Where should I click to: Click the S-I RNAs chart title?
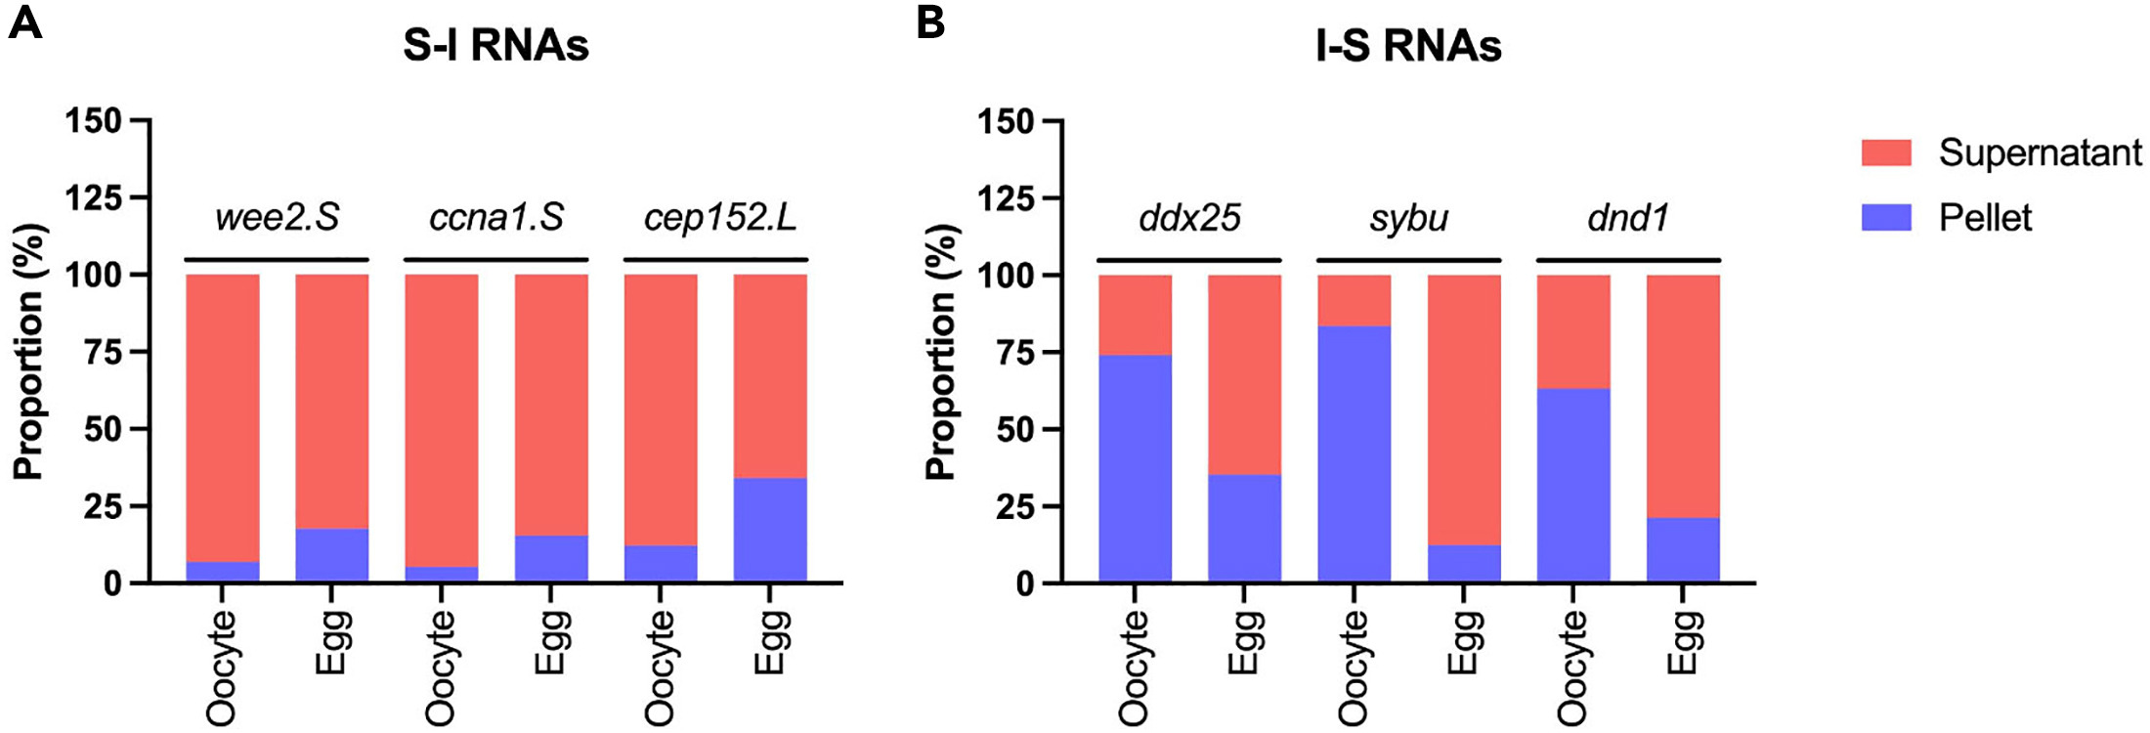click(495, 46)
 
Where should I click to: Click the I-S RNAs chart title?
click(1408, 46)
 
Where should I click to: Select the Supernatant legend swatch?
click(1886, 152)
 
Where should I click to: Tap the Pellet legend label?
click(1985, 217)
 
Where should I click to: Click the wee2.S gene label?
click(277, 217)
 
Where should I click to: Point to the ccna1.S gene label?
click(496, 217)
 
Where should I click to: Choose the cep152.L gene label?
click(720, 217)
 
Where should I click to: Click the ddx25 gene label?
click(1189, 217)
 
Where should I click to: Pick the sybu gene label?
click(1408, 217)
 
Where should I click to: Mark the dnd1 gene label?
click(1628, 217)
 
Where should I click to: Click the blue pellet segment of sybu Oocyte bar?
click(1354, 454)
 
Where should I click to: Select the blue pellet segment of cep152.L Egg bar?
click(770, 530)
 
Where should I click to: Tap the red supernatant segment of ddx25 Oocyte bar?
click(1135, 315)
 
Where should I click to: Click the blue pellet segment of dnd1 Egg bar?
click(1683, 550)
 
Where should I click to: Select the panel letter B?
click(930, 22)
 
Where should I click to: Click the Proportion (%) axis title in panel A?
click(28, 352)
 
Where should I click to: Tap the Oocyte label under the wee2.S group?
click(222, 668)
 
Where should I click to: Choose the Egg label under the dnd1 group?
click(1683, 642)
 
